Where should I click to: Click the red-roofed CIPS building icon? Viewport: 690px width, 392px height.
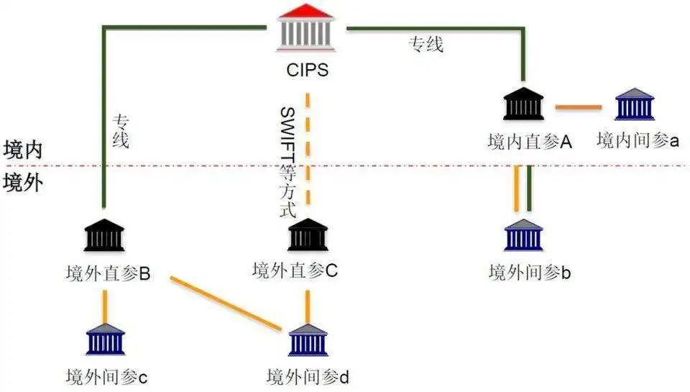[x=307, y=29]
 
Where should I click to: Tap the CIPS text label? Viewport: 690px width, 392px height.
[x=307, y=71]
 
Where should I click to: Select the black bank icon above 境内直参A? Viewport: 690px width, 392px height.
[x=523, y=104]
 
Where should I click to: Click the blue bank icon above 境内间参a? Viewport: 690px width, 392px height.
[x=635, y=104]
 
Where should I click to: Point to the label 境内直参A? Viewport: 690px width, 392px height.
[x=529, y=142]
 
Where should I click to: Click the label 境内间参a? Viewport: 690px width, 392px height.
[x=638, y=140]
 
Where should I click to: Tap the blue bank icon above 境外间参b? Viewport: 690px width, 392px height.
[x=523, y=234]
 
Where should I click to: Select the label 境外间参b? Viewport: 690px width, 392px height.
[x=530, y=273]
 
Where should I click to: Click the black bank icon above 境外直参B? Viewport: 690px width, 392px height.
[x=105, y=234]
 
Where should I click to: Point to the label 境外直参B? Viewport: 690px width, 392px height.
[x=108, y=273]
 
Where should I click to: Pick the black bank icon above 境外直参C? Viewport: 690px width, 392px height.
[x=308, y=234]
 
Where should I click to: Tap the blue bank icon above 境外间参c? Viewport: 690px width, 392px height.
[x=105, y=339]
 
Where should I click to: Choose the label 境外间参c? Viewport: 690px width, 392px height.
[x=106, y=376]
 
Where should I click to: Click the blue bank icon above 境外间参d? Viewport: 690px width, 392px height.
[x=308, y=339]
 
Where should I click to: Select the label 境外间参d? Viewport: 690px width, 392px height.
[x=307, y=376]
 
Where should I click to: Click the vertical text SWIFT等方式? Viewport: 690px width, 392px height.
[x=287, y=161]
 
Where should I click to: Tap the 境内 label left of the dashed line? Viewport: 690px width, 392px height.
[x=23, y=150]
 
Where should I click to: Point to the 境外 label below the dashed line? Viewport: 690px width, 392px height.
[x=23, y=183]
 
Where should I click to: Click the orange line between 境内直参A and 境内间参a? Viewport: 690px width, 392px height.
[x=579, y=107]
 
